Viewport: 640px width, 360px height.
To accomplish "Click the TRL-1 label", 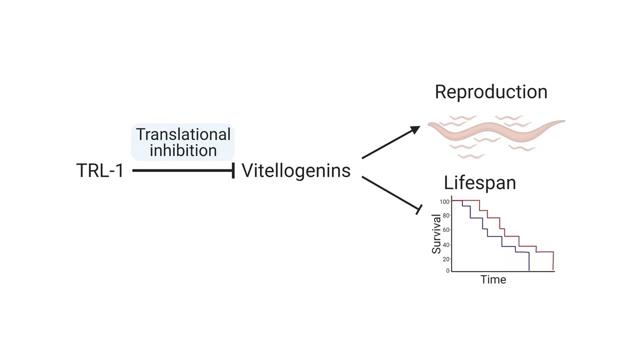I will (100, 170).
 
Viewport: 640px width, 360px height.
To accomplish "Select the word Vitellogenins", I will (296, 170).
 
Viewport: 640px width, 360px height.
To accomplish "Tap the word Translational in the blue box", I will (183, 134).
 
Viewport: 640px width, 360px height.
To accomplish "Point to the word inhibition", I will (183, 150).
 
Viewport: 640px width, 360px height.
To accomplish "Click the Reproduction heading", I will (491, 92).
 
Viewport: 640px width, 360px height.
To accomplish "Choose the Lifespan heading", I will (479, 183).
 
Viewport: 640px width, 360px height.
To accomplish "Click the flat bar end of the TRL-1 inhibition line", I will (233, 170).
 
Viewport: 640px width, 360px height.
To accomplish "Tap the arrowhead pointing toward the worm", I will (415, 130).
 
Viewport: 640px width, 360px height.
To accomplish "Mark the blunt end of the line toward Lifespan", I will (419, 209).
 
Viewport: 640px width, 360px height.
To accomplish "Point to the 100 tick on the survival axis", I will (444, 202).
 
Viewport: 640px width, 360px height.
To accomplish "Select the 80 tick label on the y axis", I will (446, 215).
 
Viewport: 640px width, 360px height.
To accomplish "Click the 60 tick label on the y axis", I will (446, 230).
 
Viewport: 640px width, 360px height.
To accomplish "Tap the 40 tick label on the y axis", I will (446, 245).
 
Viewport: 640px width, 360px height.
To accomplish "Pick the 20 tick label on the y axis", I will (446, 259).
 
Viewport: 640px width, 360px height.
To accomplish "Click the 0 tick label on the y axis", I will (447, 270).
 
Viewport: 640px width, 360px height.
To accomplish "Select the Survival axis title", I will (436, 234).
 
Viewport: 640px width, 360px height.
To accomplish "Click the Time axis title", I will (493, 279).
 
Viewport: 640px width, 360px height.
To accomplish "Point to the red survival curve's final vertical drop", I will (553, 261).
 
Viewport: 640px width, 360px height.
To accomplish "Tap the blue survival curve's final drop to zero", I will (529, 261).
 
